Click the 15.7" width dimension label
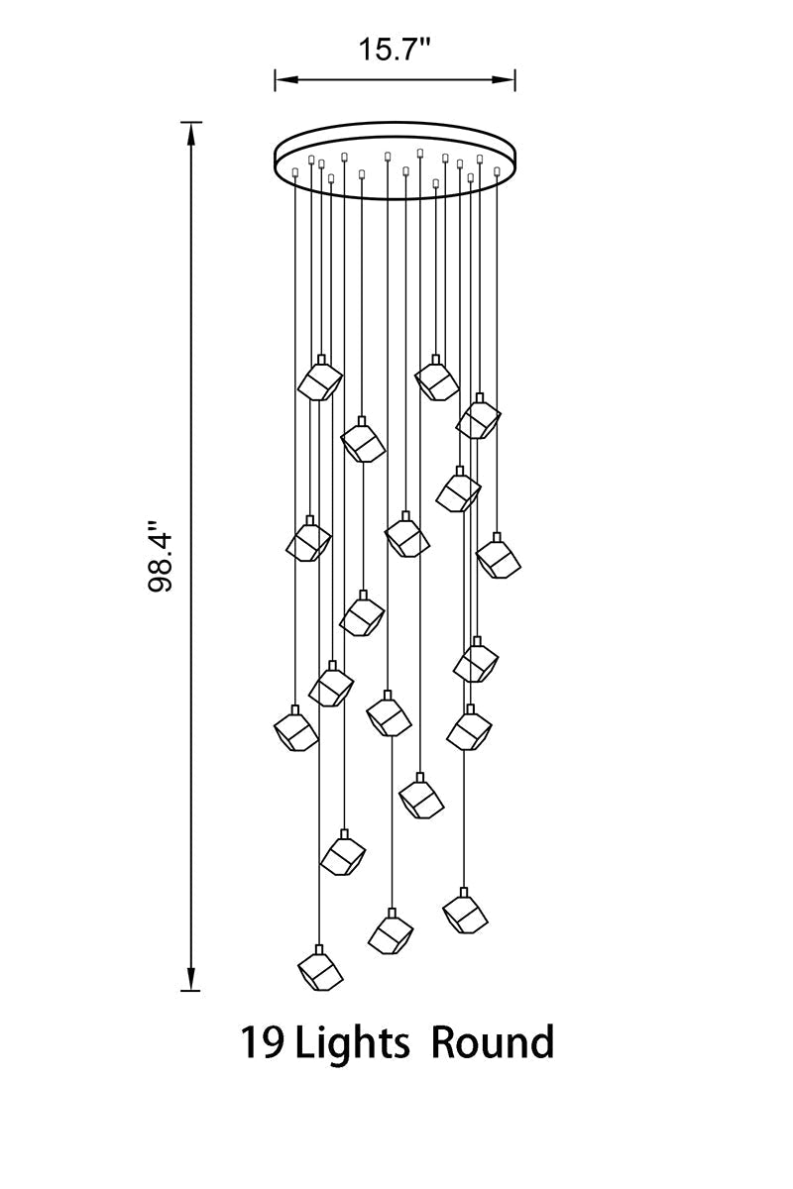coord(395,50)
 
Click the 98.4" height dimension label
coord(160,556)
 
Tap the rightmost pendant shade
coord(498,557)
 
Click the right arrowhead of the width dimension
coord(503,79)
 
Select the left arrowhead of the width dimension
coord(286,79)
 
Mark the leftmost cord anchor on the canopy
coord(295,171)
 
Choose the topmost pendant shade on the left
coord(320,378)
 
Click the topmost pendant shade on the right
coord(436,378)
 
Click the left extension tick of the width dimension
coord(276,79)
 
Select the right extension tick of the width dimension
coord(514,79)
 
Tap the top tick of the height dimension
coord(191,122)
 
